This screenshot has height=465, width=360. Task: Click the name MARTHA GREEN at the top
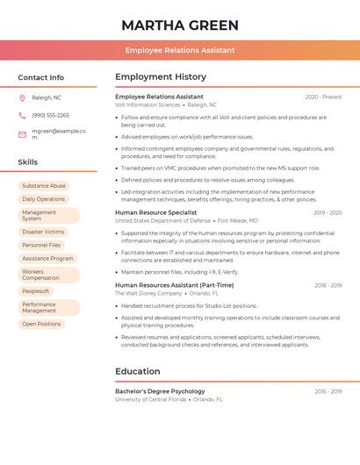point(179,24)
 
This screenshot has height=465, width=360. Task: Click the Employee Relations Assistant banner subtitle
point(179,50)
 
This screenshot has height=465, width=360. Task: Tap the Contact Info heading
point(41,77)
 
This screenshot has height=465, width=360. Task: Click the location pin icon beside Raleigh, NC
point(22,97)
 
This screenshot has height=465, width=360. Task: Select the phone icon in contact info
point(22,115)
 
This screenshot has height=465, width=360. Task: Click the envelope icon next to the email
point(22,133)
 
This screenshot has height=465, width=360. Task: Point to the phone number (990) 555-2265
point(50,115)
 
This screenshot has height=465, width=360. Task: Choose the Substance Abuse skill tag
point(44,186)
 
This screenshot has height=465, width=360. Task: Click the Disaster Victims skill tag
point(43,232)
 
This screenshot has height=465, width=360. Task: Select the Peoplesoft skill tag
point(36,291)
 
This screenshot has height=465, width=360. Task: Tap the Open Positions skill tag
point(41,324)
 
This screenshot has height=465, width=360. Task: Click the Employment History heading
point(161,77)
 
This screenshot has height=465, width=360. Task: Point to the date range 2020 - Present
point(323,97)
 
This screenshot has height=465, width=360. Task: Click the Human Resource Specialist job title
point(155,212)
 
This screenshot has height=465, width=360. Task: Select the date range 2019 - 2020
point(327,212)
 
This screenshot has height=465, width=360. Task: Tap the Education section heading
point(137,371)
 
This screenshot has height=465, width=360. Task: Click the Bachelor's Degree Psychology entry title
point(160,391)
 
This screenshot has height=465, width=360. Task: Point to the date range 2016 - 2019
point(328,391)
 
